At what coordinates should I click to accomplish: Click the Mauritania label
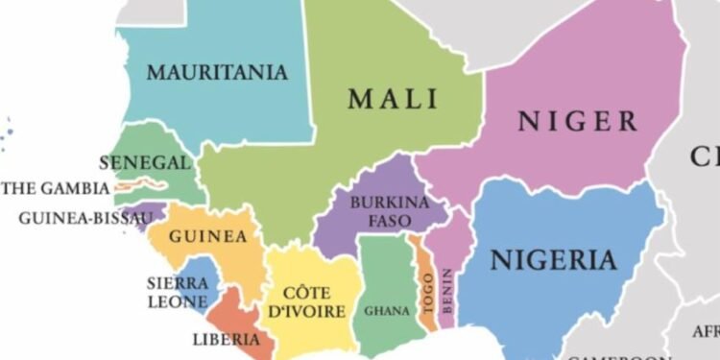pyautogui.click(x=217, y=72)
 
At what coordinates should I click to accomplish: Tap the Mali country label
pyautogui.click(x=393, y=99)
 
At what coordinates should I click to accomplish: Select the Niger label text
pyautogui.click(x=577, y=121)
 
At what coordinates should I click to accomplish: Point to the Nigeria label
pyautogui.click(x=553, y=260)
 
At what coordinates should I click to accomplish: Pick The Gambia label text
pyautogui.click(x=55, y=188)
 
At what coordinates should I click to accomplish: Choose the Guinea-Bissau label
pyautogui.click(x=85, y=218)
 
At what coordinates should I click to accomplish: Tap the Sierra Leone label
pyautogui.click(x=177, y=292)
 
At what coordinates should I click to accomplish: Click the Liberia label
pyautogui.click(x=226, y=339)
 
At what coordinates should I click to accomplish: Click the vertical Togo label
pyautogui.click(x=427, y=292)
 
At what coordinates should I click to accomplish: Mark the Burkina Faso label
pyautogui.click(x=381, y=212)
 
